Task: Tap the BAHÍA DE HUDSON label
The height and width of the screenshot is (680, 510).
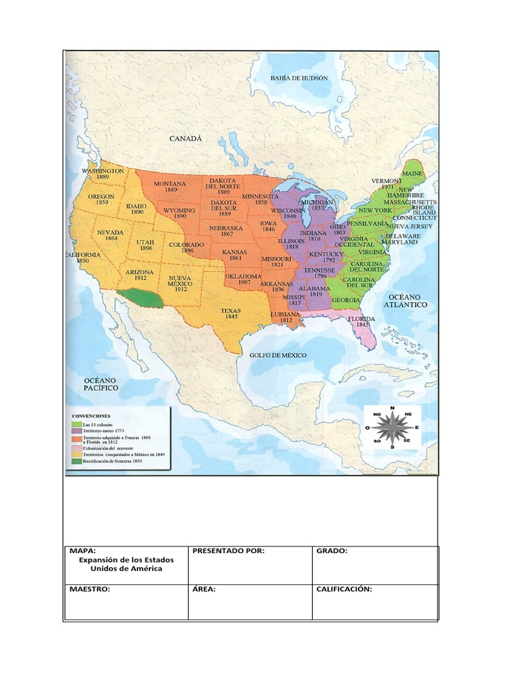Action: click(299, 78)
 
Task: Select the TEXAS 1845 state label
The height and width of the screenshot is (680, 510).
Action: click(231, 314)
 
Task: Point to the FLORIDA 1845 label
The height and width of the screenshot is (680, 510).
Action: click(362, 322)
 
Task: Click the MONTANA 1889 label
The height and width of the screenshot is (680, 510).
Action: click(170, 187)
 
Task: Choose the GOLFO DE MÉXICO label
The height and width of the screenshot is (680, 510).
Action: click(278, 355)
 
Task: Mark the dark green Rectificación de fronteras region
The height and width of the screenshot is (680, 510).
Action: click(139, 299)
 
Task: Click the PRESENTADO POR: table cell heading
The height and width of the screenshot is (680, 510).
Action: click(229, 551)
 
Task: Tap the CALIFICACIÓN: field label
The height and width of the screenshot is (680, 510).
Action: click(343, 589)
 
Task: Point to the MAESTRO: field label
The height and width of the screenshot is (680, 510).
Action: click(90, 589)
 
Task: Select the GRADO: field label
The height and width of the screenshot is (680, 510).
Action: click(332, 551)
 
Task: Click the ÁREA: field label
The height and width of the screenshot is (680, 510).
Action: click(205, 589)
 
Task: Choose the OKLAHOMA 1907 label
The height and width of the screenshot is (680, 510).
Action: click(243, 279)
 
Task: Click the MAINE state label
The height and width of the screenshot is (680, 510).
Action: click(412, 173)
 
